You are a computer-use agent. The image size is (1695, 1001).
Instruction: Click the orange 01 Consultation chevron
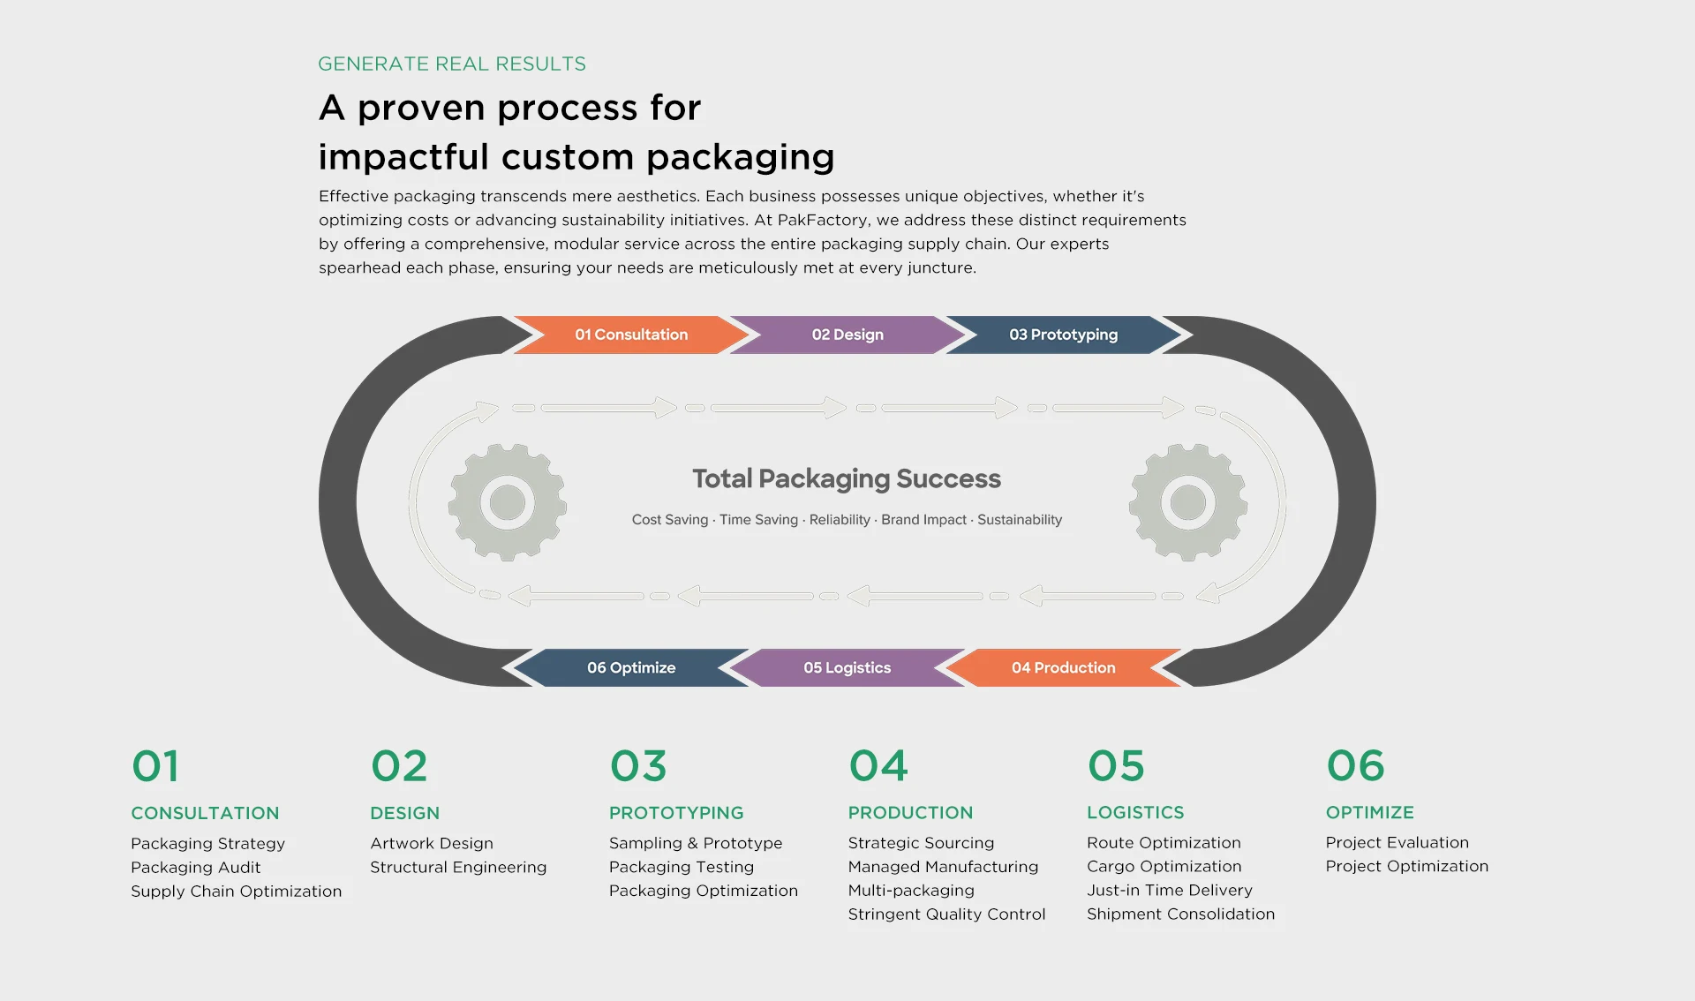tap(631, 335)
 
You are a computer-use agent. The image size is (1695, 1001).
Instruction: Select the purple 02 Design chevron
tap(847, 335)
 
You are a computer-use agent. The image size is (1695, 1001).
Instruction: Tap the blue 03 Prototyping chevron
tap(1063, 335)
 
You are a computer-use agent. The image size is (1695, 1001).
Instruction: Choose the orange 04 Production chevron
tap(1063, 667)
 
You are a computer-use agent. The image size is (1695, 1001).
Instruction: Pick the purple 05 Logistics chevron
tap(847, 667)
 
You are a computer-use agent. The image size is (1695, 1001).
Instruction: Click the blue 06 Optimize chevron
tap(631, 667)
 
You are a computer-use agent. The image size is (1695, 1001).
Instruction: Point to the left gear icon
tap(508, 502)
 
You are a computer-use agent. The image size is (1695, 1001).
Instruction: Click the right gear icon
tap(1187, 502)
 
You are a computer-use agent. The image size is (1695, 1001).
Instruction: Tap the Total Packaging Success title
tap(847, 478)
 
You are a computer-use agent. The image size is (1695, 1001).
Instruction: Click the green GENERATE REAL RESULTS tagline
tap(452, 64)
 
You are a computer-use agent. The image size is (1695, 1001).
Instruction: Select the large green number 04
tap(878, 765)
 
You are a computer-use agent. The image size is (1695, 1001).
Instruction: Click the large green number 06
tap(1355, 765)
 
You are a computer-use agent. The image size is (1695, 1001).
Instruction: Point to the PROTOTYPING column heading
tap(676, 812)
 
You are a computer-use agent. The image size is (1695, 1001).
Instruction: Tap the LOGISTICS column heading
tap(1135, 812)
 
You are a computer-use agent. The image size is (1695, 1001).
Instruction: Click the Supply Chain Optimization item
tap(236, 891)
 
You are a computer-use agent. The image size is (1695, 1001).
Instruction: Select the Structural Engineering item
tap(458, 867)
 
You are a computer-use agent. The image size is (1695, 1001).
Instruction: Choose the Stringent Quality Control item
tap(946, 914)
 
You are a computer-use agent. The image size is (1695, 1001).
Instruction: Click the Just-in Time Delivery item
tap(1169, 890)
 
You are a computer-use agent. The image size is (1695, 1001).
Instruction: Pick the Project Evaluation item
tap(1397, 842)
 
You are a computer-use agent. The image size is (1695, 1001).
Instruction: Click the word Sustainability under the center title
tap(1020, 520)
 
